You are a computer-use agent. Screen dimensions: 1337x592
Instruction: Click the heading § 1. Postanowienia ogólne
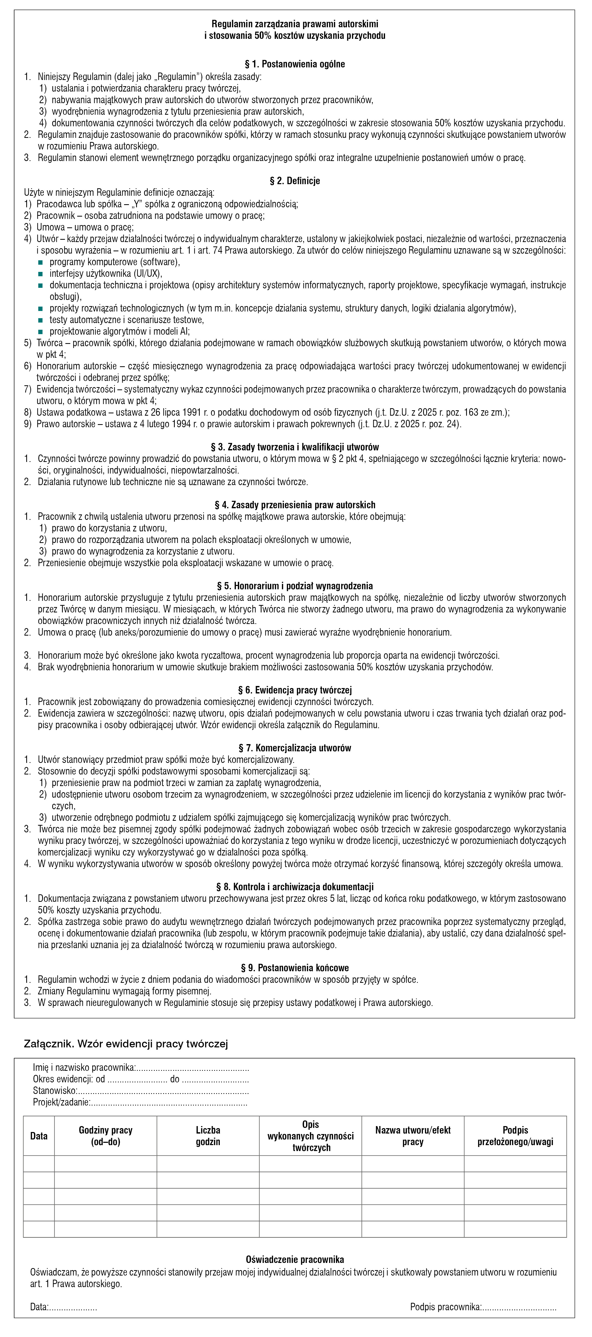(x=294, y=64)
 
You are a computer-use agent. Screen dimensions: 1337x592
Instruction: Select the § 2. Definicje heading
(x=294, y=181)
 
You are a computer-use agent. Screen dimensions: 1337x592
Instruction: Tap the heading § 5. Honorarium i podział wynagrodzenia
(x=294, y=585)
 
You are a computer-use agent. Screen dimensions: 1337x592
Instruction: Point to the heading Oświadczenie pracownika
(x=294, y=1259)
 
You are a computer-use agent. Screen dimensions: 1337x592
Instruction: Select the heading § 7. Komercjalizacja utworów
(x=294, y=748)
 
